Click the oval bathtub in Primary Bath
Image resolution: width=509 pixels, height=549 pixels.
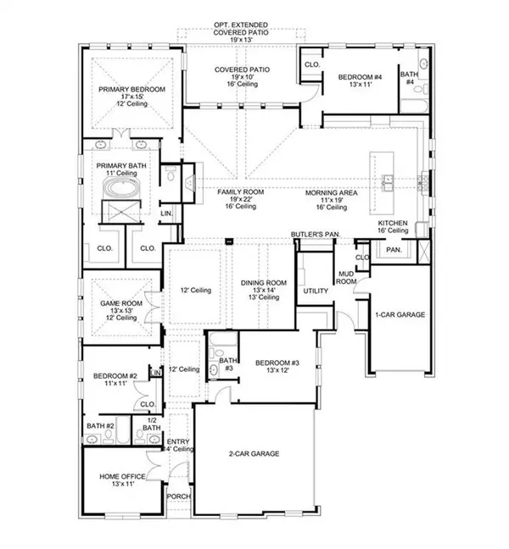[115, 212]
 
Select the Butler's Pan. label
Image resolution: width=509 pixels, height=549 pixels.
[315, 233]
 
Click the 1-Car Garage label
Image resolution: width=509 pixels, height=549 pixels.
[400, 314]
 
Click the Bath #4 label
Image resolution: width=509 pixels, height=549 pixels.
[409, 77]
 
